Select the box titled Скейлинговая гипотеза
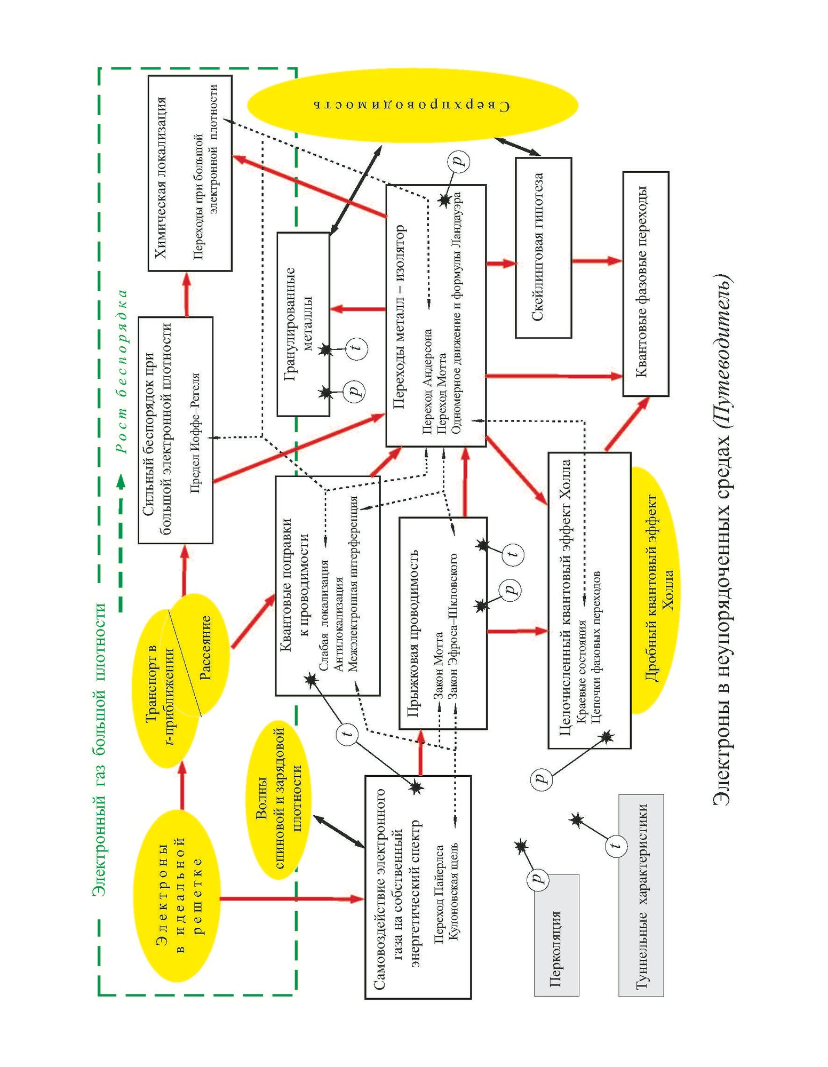coord(543,248)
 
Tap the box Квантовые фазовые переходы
coord(646,283)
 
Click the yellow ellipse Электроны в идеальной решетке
coord(176,896)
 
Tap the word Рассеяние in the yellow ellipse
coord(205,648)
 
